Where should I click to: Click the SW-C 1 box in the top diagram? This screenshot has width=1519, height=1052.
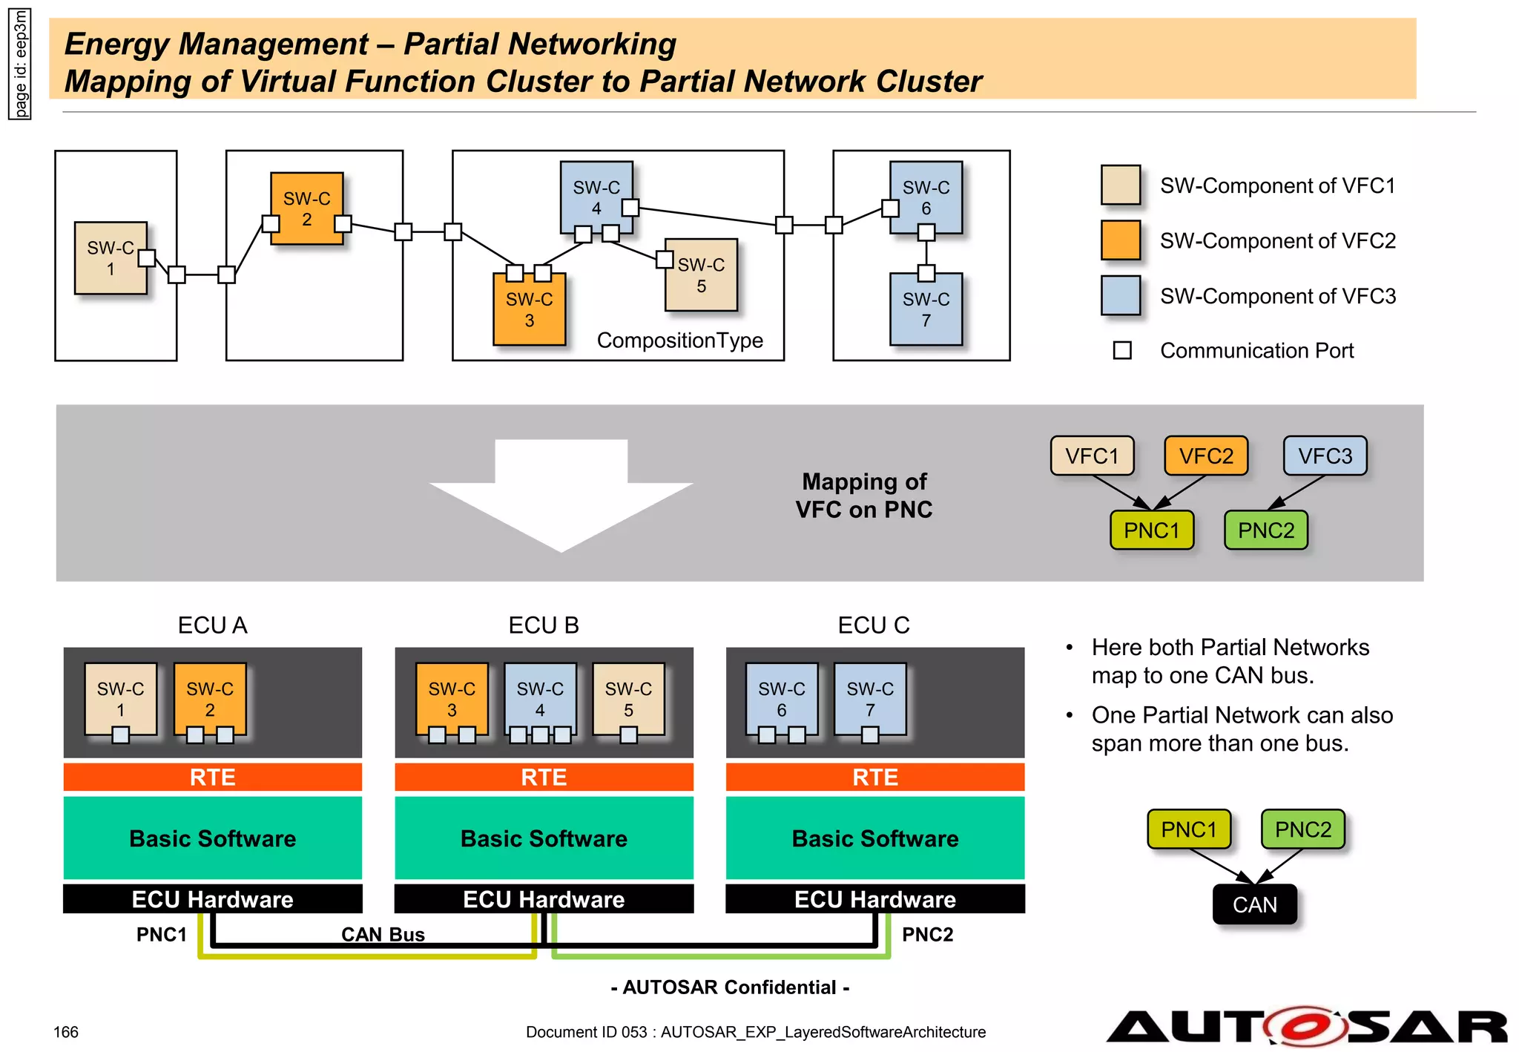tap(111, 258)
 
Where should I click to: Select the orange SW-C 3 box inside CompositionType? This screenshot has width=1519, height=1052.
tap(529, 310)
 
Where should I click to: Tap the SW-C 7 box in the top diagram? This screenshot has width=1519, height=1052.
tap(926, 310)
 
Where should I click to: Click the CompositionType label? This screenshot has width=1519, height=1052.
tap(679, 341)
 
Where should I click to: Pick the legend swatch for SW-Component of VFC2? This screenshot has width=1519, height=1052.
tap(1120, 240)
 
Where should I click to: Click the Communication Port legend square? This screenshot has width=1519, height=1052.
tap(1122, 350)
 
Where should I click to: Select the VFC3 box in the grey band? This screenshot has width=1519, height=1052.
tap(1325, 456)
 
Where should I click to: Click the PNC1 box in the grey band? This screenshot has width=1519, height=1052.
tap(1151, 530)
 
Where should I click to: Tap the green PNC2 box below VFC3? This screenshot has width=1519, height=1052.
tap(1265, 530)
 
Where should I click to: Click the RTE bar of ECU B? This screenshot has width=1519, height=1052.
tap(544, 777)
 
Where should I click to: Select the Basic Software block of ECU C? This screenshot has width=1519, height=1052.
tap(875, 838)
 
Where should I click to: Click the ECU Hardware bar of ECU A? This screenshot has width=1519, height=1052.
tap(213, 899)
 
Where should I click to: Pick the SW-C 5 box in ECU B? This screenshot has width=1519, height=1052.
tap(628, 699)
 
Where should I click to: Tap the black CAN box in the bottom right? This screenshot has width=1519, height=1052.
tap(1254, 904)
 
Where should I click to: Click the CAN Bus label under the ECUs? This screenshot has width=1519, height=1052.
tap(383, 934)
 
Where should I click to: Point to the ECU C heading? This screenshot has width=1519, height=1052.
tap(873, 625)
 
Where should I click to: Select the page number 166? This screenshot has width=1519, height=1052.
tap(66, 1032)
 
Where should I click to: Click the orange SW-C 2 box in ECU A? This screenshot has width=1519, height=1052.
tap(210, 699)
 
